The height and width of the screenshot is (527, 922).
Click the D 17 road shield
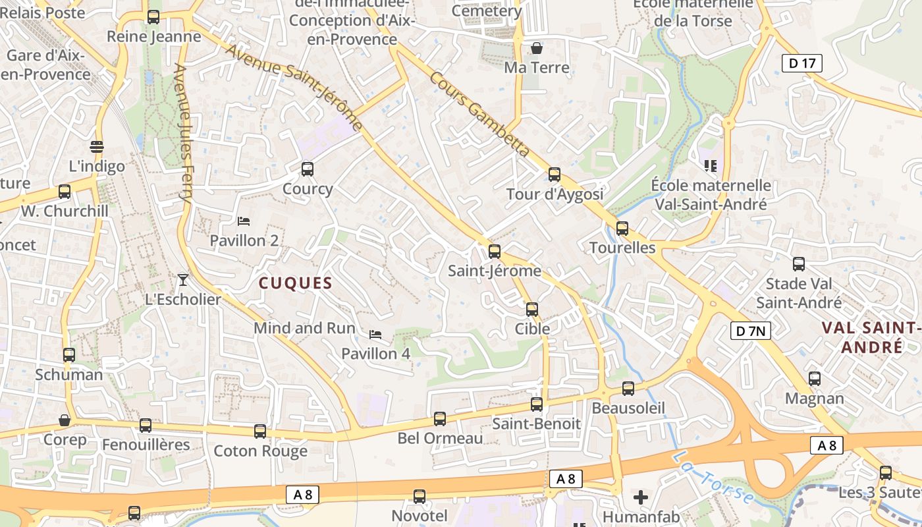[802, 63]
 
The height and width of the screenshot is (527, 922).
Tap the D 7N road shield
[750, 331]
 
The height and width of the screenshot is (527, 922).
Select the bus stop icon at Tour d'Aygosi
[555, 175]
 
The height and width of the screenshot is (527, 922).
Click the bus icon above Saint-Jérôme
[495, 251]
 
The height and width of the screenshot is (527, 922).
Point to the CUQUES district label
[295, 283]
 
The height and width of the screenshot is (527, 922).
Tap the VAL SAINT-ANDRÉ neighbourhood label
[872, 337]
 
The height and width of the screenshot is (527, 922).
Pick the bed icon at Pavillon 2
[244, 221]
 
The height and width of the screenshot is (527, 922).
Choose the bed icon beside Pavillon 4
[375, 335]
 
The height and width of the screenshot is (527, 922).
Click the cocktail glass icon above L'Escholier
[183, 280]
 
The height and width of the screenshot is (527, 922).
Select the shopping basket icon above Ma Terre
[537, 48]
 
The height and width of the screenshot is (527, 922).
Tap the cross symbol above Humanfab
[641, 497]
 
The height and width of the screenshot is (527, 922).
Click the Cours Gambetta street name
[479, 114]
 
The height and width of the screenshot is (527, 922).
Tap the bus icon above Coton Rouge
[260, 431]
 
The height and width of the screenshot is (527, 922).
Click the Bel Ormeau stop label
[440, 438]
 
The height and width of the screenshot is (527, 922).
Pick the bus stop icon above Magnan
[815, 379]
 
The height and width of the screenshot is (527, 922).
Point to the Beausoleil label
[628, 408]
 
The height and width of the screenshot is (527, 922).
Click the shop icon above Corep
[65, 420]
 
